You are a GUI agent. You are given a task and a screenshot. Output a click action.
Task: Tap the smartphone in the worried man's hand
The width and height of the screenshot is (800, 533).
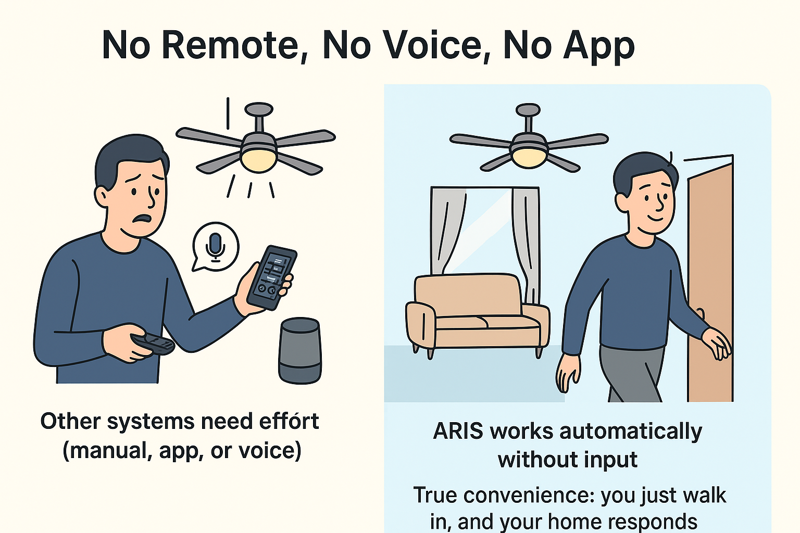271,277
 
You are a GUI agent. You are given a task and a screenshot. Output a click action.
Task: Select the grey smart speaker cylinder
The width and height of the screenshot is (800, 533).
299,351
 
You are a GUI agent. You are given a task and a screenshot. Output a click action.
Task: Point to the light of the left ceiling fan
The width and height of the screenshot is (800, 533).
258,160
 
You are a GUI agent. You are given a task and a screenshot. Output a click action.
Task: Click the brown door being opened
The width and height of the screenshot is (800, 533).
710,282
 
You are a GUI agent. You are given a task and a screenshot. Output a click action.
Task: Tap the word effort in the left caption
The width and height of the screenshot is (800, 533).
289,421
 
